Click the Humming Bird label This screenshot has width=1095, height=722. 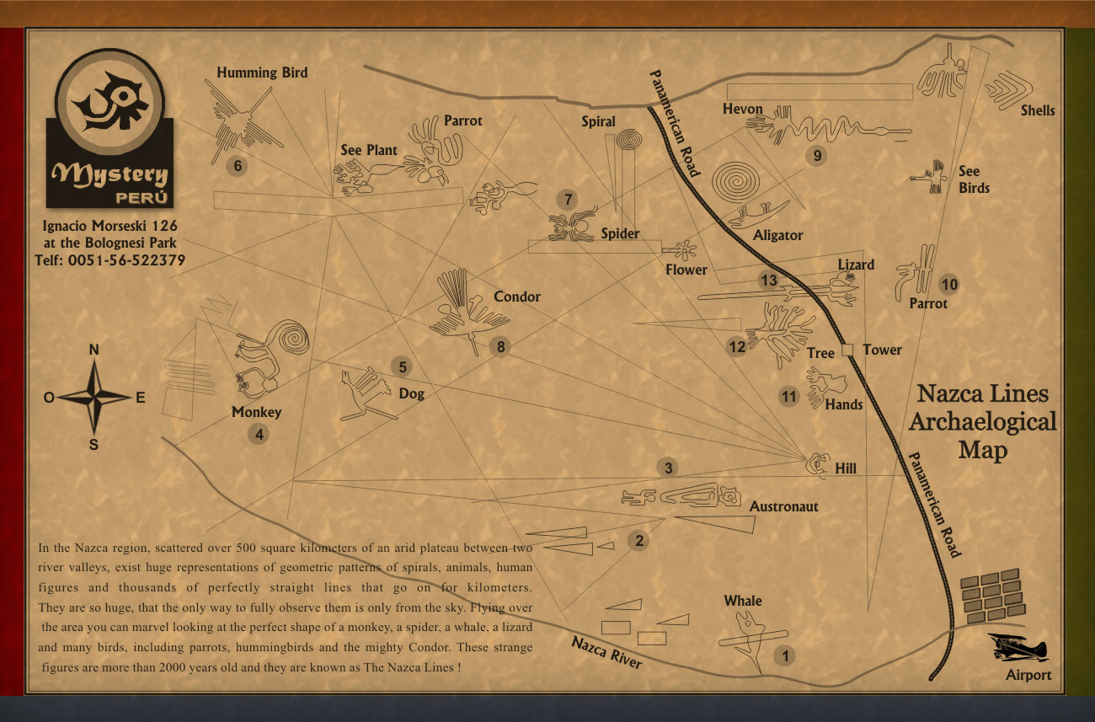262,72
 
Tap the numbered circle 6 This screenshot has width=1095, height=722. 238,166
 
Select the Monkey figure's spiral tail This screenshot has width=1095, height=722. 292,338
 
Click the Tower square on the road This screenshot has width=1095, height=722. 848,350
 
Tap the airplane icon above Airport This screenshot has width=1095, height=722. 1017,648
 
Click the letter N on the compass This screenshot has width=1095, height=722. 94,350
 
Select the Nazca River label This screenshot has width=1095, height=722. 606,652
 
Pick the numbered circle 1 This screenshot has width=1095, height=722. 785,655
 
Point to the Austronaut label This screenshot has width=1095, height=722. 783,506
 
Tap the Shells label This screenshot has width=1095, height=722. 1038,110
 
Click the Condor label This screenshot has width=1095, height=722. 517,297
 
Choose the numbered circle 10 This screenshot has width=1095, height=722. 949,285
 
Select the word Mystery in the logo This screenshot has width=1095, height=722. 109,174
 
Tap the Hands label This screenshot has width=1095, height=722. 843,404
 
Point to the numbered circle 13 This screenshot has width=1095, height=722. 768,281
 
